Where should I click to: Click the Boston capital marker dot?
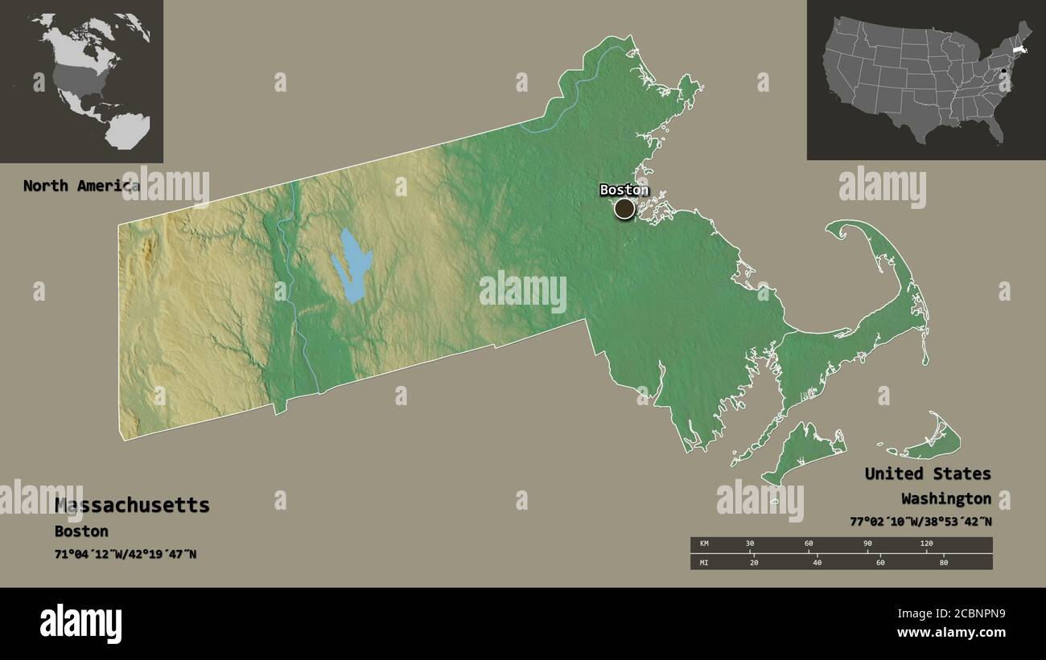point(624,209)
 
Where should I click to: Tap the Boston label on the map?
point(624,191)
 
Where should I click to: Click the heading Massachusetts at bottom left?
point(132,506)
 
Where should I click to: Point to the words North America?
point(80,186)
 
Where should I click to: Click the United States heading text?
point(928,473)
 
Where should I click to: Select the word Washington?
point(946,498)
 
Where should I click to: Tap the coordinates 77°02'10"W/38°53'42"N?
point(920,522)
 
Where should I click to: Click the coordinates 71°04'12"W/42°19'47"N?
point(126,555)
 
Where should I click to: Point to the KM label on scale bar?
point(704,544)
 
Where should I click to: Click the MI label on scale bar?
point(704,562)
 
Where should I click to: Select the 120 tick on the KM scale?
point(926,544)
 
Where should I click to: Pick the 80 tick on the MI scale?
point(944,562)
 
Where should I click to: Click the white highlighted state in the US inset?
point(1018,50)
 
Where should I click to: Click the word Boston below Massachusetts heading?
point(81,531)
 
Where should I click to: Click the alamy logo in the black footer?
point(80,624)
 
